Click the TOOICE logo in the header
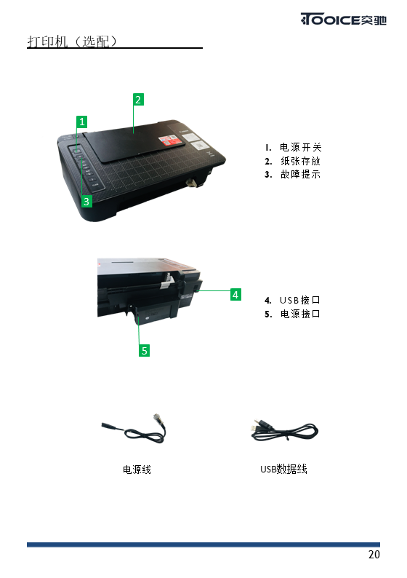(343, 19)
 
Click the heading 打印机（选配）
(72, 41)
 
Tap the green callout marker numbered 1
(81, 122)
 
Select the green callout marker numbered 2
(138, 100)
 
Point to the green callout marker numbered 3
(86, 201)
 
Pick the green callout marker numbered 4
(235, 295)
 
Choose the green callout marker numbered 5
(144, 350)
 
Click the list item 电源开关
(301, 148)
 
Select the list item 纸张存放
(300, 161)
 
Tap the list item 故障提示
(300, 174)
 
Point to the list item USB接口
(299, 300)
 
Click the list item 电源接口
(300, 314)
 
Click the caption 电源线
(137, 470)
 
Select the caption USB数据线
(283, 469)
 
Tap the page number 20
(374, 555)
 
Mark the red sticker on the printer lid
(169, 140)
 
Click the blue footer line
(203, 545)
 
